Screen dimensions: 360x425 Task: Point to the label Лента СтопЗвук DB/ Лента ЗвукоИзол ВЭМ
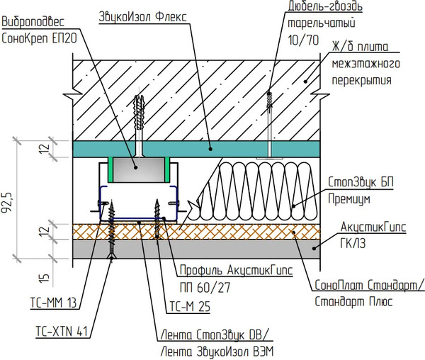(x=217, y=343)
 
